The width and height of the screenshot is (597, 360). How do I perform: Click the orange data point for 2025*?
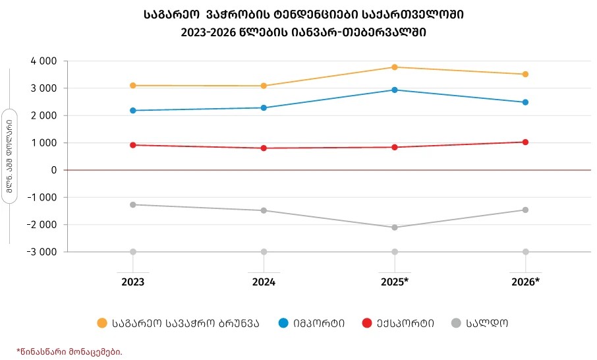pyautogui.click(x=395, y=67)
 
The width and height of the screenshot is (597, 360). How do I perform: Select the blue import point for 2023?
pyautogui.click(x=133, y=111)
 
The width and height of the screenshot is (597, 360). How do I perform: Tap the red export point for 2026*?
pyautogui.click(x=525, y=142)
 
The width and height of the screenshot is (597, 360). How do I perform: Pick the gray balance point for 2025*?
pyautogui.click(x=395, y=227)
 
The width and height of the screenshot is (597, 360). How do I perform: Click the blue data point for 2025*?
pyautogui.click(x=395, y=90)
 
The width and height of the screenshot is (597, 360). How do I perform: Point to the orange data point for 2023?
pyautogui.click(x=133, y=86)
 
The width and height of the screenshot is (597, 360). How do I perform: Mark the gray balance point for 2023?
pyautogui.click(x=133, y=204)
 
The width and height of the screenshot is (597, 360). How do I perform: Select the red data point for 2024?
pyautogui.click(x=264, y=148)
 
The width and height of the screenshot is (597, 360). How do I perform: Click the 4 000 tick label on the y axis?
pyautogui.click(x=43, y=61)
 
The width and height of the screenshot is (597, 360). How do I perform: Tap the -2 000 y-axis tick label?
pyautogui.click(x=40, y=225)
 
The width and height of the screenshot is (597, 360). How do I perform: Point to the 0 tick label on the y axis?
pyautogui.click(x=53, y=170)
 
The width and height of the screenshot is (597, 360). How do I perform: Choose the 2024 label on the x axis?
pyautogui.click(x=264, y=282)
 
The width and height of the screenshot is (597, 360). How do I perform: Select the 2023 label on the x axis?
pyautogui.click(x=133, y=282)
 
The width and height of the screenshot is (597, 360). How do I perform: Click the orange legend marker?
pyautogui.click(x=101, y=323)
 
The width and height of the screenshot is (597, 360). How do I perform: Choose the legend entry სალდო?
pyautogui.click(x=488, y=323)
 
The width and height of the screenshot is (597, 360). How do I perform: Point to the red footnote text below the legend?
pyautogui.click(x=69, y=351)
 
